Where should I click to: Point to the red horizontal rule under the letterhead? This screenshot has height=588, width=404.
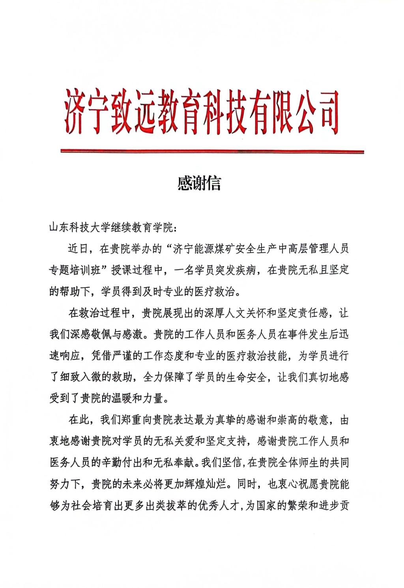tap(211, 151)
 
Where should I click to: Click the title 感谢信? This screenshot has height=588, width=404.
tap(199, 183)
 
